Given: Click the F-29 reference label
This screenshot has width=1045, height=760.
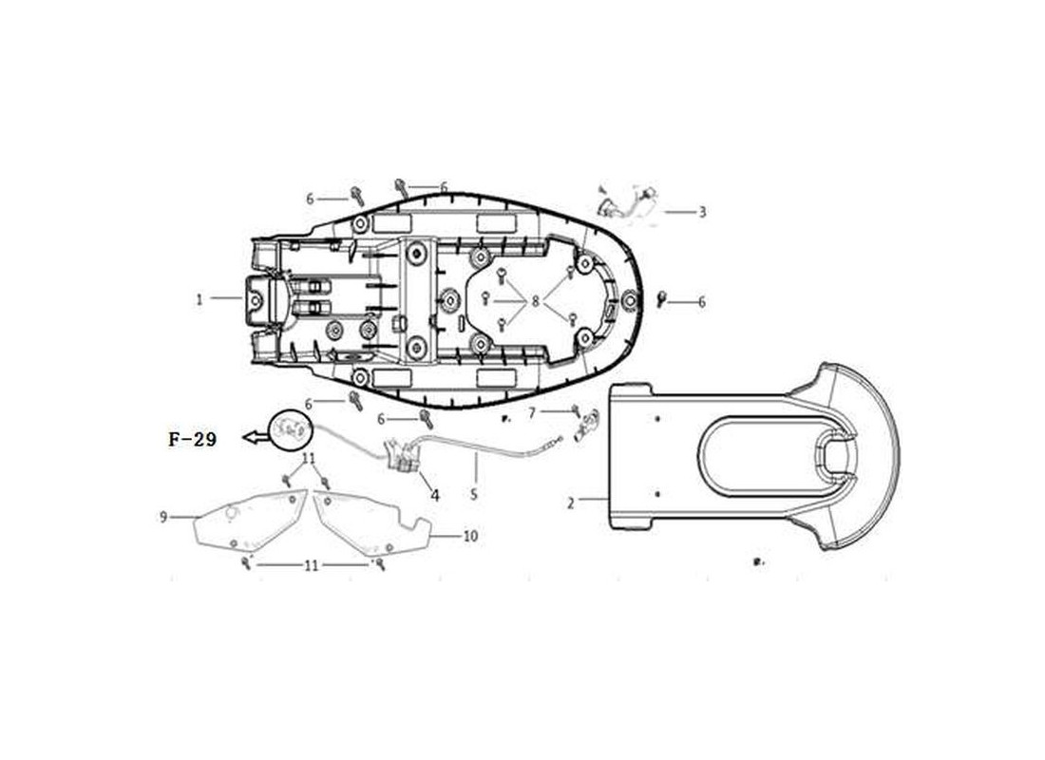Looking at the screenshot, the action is tap(193, 439).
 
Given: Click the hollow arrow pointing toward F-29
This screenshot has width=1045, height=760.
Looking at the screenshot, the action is tap(255, 437).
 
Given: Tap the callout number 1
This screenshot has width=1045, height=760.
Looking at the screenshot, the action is tap(199, 299).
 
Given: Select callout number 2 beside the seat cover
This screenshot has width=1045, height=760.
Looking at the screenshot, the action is tap(571, 503).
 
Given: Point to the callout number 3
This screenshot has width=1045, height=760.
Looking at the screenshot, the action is tap(702, 212).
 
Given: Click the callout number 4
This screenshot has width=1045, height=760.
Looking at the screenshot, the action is tap(435, 495).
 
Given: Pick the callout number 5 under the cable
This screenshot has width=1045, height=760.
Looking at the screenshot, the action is tap(474, 495).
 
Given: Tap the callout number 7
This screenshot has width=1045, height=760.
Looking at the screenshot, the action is tap(532, 413).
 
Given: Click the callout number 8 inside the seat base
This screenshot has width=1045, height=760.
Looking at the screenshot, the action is tap(535, 302).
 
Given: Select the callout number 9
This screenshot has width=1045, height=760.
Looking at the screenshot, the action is tap(163, 517).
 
